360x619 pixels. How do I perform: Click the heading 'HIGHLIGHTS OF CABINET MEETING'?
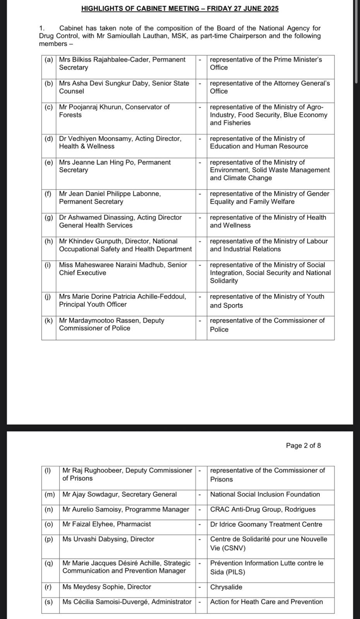point(180,9)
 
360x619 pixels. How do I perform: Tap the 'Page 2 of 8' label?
point(303,445)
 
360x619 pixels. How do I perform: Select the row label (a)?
point(49,60)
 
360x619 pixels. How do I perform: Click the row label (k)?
point(49,320)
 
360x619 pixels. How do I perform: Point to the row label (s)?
point(48,602)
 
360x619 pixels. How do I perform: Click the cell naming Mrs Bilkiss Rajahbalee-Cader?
point(125,63)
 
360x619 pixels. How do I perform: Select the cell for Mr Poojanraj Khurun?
point(125,111)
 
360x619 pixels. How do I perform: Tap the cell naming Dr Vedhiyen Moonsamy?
point(125,142)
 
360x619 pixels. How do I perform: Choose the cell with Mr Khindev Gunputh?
point(125,245)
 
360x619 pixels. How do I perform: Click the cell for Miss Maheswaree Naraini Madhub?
point(125,269)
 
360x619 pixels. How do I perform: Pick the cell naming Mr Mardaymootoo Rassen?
point(125,324)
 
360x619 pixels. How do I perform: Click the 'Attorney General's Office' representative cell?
point(270,87)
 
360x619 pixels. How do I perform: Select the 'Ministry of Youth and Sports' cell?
point(270,301)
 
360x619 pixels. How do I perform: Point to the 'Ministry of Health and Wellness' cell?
point(270,221)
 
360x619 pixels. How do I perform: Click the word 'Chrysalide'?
point(226,587)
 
